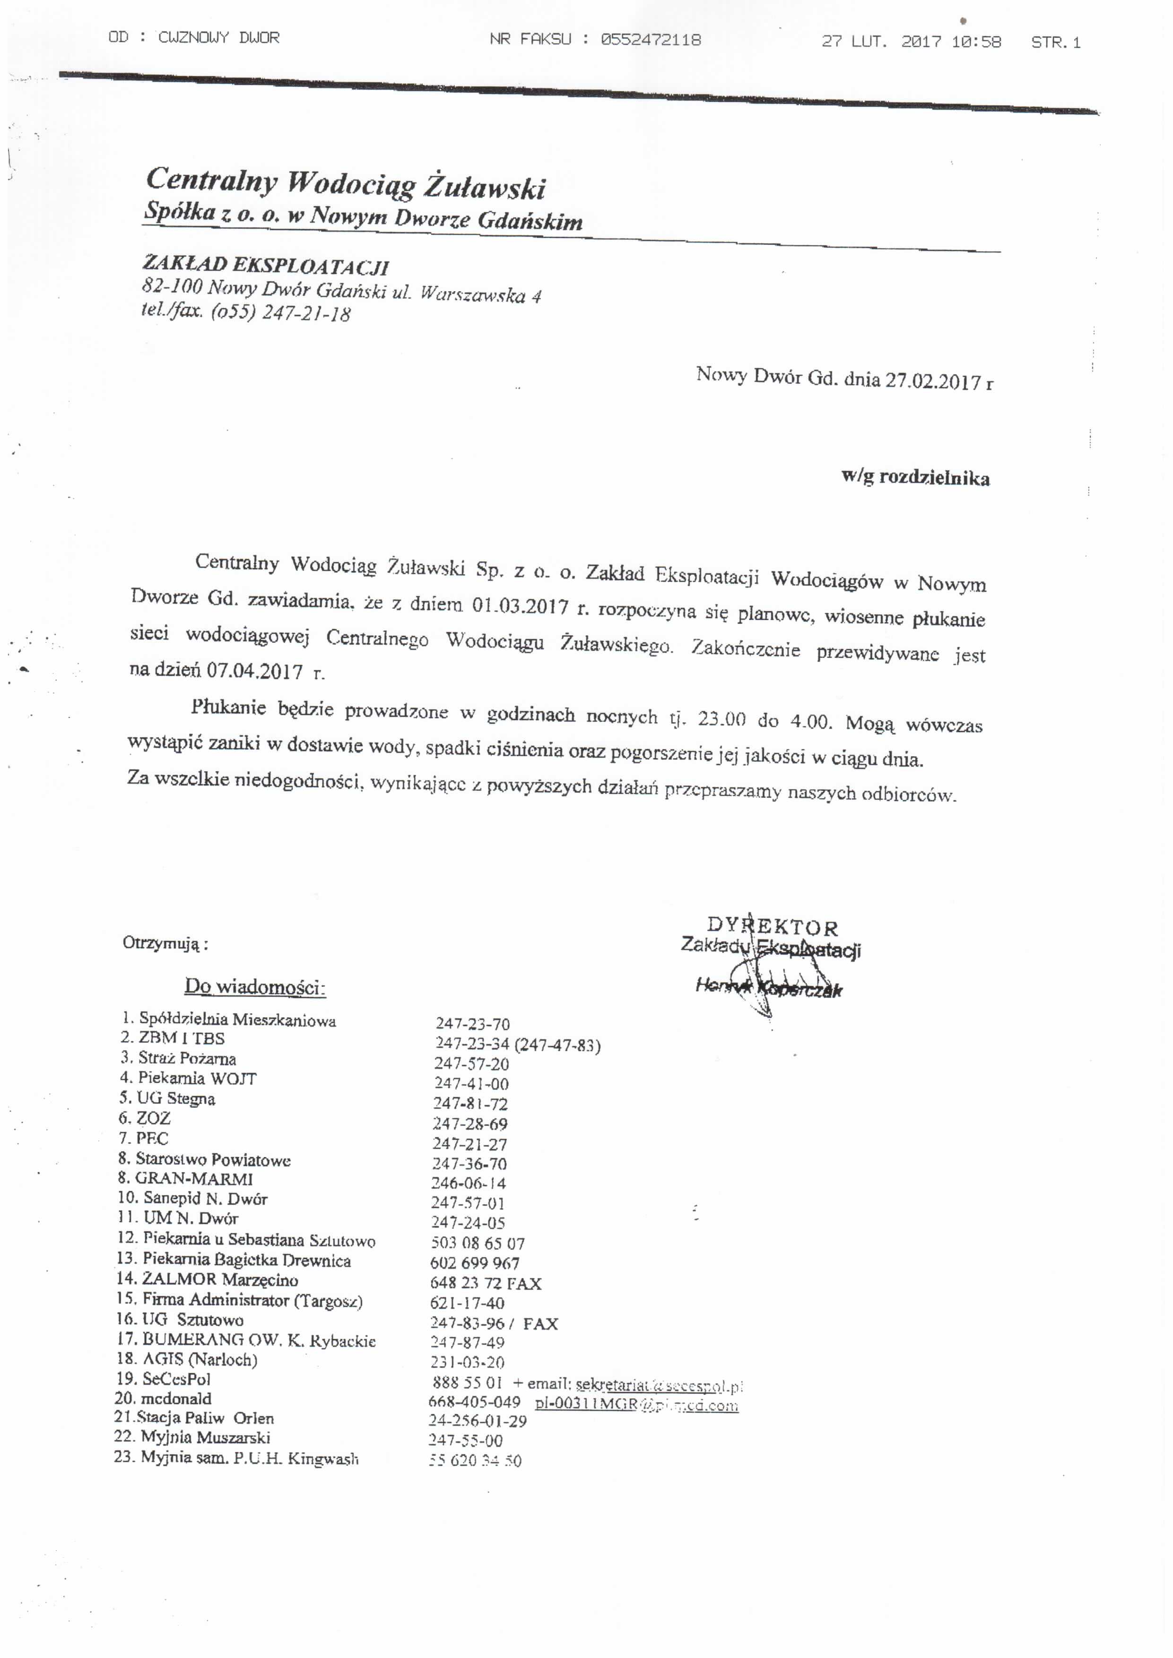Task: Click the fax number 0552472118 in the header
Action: tap(650, 40)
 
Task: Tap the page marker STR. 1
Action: tap(1055, 43)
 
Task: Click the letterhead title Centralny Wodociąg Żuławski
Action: tap(345, 183)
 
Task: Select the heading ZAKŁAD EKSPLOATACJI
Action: tap(265, 266)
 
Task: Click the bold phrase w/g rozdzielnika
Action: tap(915, 478)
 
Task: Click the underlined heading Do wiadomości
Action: tap(255, 986)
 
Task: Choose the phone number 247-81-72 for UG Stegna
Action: tap(470, 1104)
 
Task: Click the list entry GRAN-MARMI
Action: tap(193, 1178)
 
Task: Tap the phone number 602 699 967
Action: tap(475, 1263)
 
